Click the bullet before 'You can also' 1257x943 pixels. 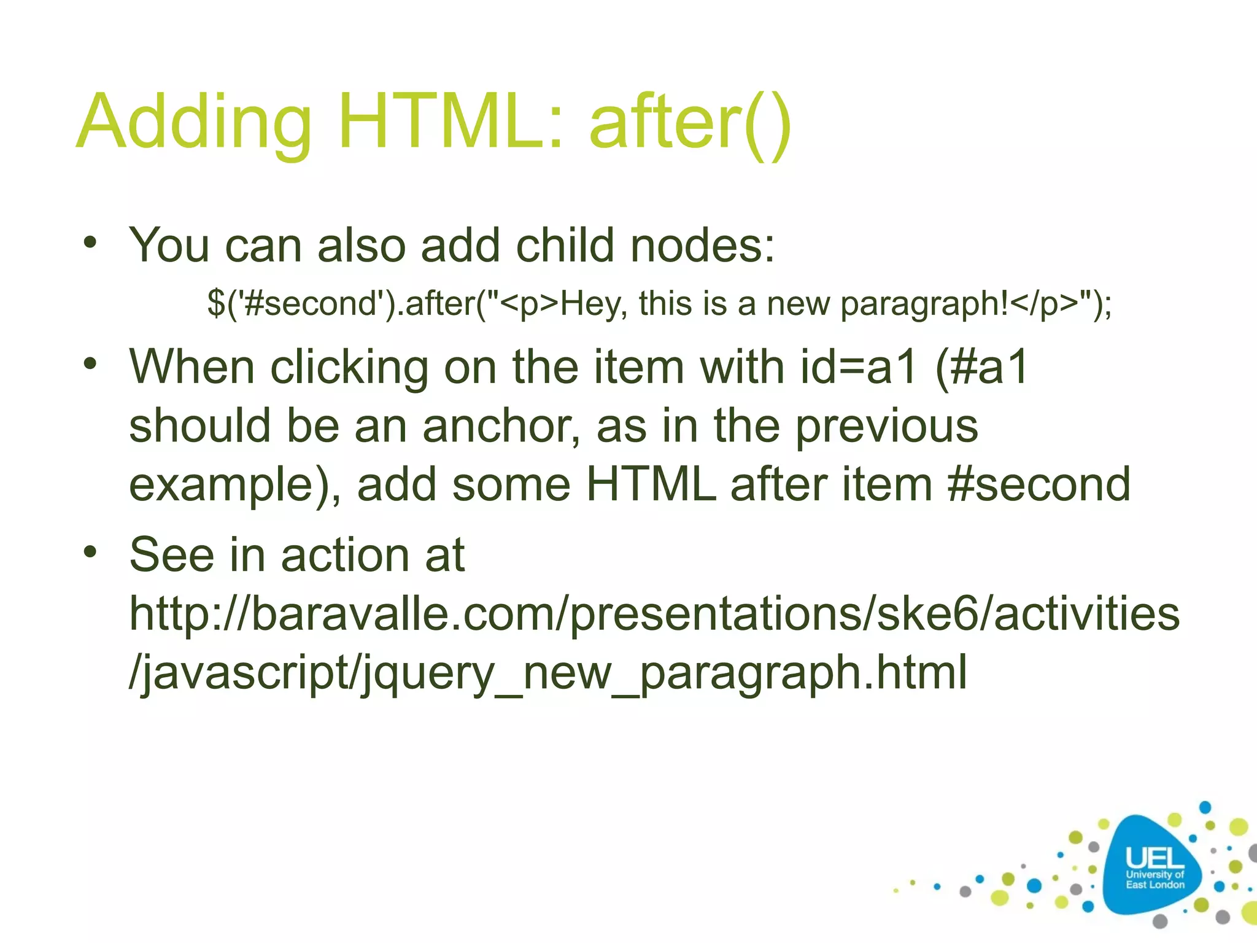point(90,242)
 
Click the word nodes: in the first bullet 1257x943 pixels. point(703,245)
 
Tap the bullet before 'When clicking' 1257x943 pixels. point(90,363)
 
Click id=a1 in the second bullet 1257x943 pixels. point(859,367)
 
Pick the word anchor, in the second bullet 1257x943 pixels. point(501,426)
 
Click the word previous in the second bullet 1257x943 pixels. point(886,426)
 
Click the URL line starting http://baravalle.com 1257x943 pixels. point(654,614)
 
